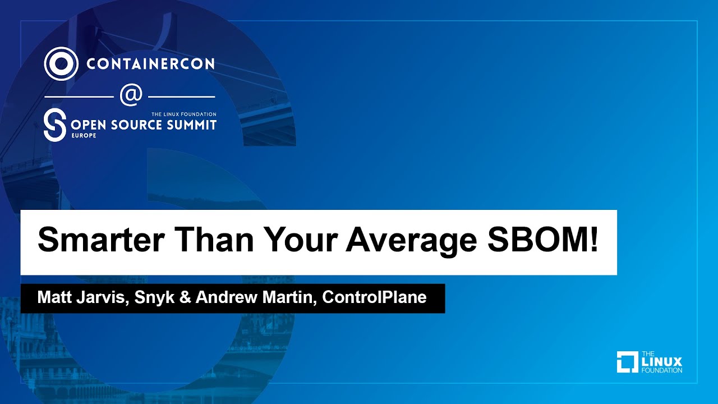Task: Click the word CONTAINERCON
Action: tap(150, 63)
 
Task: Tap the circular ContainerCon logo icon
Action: tap(61, 63)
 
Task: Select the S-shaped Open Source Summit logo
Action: tap(54, 125)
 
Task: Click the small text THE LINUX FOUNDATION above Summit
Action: tap(183, 114)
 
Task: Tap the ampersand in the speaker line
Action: tap(186, 298)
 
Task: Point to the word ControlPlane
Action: tap(375, 298)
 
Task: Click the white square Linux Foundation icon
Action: tap(628, 362)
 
